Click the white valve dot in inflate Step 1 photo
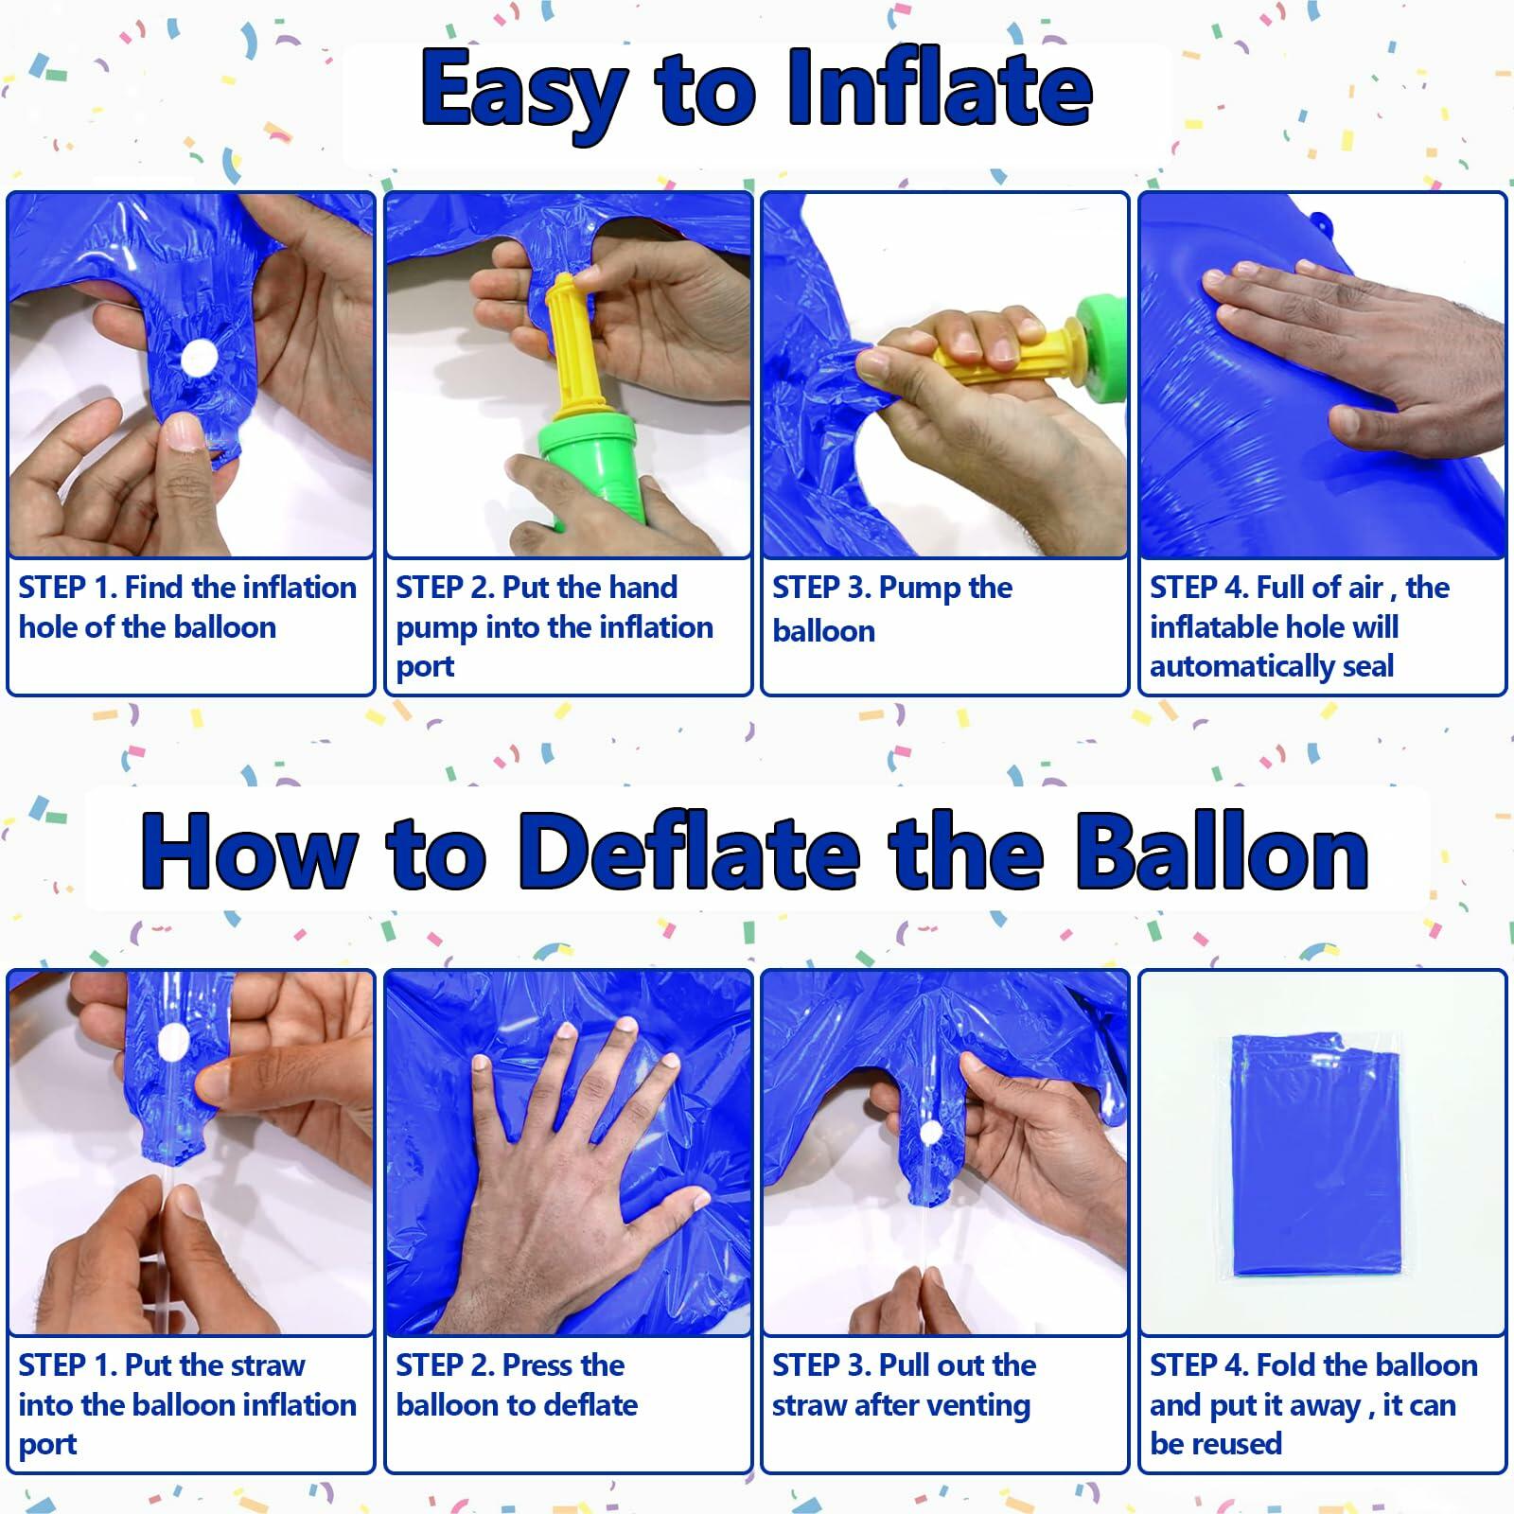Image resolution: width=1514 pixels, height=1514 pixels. pyautogui.click(x=199, y=361)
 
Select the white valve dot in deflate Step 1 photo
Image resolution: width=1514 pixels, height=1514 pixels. pyautogui.click(x=172, y=1044)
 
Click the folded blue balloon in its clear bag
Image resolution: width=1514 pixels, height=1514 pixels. pyautogui.click(x=1315, y=1154)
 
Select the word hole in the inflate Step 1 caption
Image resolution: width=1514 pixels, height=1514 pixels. pyautogui.click(x=47, y=626)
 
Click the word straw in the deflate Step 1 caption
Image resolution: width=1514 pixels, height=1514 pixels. pyautogui.click(x=266, y=1365)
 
